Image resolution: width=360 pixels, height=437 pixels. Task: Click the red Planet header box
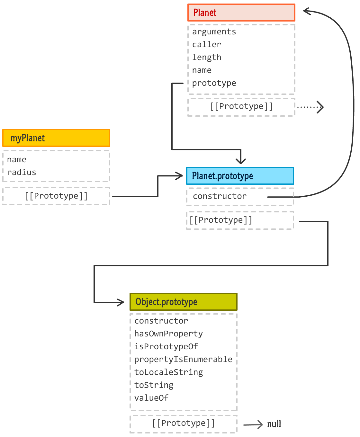coord(241,13)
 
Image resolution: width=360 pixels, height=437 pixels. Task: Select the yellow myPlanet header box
coord(56,138)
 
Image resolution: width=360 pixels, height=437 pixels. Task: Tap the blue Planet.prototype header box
coord(240,176)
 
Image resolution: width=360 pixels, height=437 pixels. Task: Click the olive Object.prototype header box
coord(183,302)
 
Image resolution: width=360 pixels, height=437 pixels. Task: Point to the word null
coord(274,424)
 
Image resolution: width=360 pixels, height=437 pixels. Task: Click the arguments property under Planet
coord(214,32)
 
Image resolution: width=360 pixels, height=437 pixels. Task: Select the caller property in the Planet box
coord(207,45)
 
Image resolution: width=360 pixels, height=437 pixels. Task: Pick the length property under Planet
coord(207,58)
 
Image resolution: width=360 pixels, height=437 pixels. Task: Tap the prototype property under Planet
coord(214,83)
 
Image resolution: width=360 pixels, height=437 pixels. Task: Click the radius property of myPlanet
coord(22,173)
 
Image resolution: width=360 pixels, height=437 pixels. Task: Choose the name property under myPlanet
coord(17,160)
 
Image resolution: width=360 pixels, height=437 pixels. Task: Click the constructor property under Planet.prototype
coord(220,196)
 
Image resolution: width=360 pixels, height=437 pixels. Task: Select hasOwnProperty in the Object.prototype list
coord(168,334)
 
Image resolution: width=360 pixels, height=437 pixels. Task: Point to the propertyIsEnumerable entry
coord(183,360)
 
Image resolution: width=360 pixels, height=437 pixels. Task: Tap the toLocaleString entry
coord(168,372)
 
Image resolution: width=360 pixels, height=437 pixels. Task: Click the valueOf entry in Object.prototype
coord(151,398)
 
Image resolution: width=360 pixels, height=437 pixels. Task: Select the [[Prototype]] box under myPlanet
coord(56,196)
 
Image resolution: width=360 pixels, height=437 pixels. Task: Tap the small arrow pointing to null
coord(253,425)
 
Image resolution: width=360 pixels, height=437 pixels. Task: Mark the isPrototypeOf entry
coord(166,347)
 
